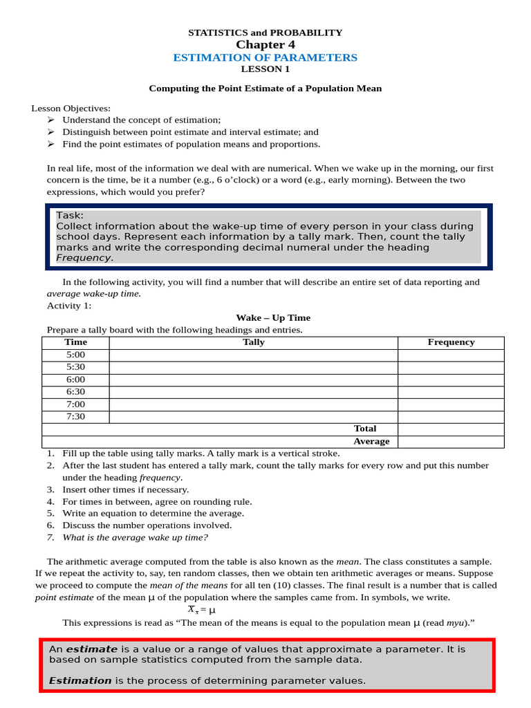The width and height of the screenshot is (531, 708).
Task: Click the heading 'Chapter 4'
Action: [x=265, y=45]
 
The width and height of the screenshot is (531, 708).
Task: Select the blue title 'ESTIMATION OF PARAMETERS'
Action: [x=265, y=57]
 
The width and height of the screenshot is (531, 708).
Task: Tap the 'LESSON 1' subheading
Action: [x=265, y=69]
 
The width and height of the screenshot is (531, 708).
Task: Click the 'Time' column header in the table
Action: [x=75, y=342]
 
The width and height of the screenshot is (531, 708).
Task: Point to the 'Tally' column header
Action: [x=254, y=342]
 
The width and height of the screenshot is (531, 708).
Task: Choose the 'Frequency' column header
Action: [x=451, y=342]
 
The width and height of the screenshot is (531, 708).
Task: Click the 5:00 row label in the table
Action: [x=75, y=355]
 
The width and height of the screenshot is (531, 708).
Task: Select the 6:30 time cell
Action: [x=75, y=392]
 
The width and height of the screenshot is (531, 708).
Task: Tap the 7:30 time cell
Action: [x=75, y=417]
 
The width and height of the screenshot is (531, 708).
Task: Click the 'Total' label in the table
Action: [x=365, y=429]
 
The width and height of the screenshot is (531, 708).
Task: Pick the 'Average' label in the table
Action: [x=371, y=441]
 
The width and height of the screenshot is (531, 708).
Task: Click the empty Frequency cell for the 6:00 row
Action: [x=451, y=380]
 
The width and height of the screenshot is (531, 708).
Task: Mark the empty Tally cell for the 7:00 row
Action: [x=254, y=404]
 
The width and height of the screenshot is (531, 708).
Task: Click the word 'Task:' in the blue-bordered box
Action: [x=70, y=216]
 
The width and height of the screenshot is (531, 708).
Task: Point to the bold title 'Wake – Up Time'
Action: [x=273, y=318]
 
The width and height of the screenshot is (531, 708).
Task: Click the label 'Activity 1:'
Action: [x=69, y=306]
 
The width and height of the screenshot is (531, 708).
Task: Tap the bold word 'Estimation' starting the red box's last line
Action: [x=80, y=680]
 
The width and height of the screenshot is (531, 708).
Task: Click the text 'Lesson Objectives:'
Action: [x=71, y=109]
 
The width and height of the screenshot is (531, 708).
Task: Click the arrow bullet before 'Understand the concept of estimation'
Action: [x=50, y=120]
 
